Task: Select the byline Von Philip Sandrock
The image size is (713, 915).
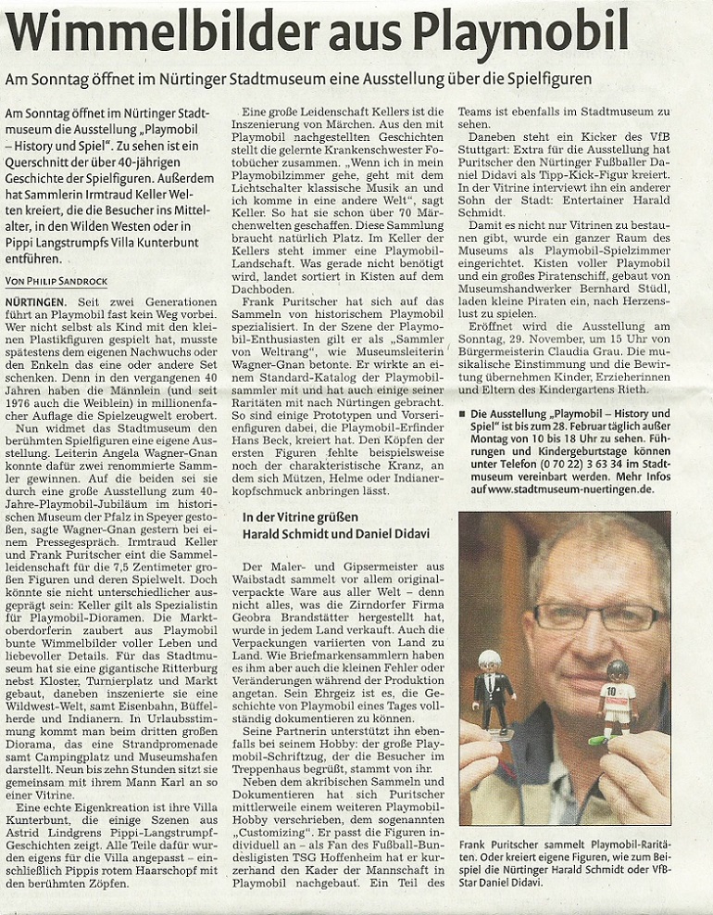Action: tap(56, 281)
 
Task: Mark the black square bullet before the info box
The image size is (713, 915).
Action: tap(462, 413)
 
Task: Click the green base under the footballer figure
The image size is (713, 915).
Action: tap(600, 740)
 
